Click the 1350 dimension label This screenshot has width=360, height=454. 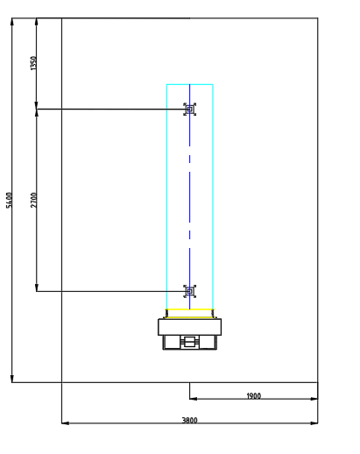[x=34, y=63]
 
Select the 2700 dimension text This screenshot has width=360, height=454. [x=34, y=200]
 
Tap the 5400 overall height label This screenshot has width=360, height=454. [x=10, y=200]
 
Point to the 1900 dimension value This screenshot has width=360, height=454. [x=253, y=396]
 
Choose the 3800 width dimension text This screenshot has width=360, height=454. [x=190, y=420]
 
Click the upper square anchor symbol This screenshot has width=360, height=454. [x=190, y=110]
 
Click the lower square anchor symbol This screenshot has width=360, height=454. [x=190, y=291]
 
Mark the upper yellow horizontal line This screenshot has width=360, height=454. [x=190, y=309]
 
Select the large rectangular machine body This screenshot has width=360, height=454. [x=190, y=327]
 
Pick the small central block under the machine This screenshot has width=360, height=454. [x=190, y=342]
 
